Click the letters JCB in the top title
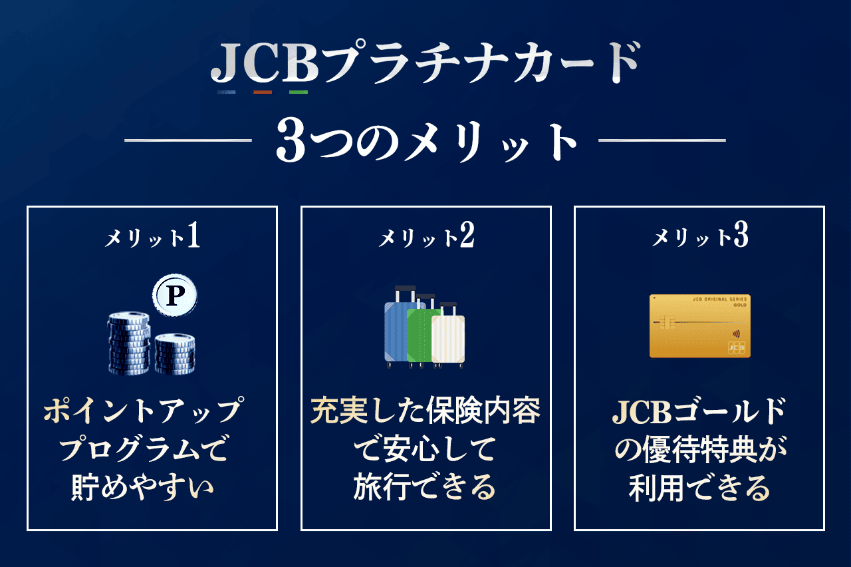click(x=265, y=63)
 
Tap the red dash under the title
click(x=263, y=92)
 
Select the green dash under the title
click(x=299, y=92)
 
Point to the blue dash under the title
click(x=227, y=92)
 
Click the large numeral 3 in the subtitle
click(x=291, y=140)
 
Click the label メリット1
click(x=152, y=236)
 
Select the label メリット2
click(x=426, y=236)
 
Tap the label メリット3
click(x=700, y=236)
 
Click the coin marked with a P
click(x=175, y=295)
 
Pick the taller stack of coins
click(x=129, y=343)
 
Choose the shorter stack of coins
click(x=175, y=353)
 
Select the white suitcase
click(x=448, y=337)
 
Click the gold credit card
click(x=700, y=326)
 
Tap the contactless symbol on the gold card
click(x=736, y=334)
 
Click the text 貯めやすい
click(x=142, y=487)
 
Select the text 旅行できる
click(x=425, y=487)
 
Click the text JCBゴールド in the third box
click(x=699, y=411)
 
